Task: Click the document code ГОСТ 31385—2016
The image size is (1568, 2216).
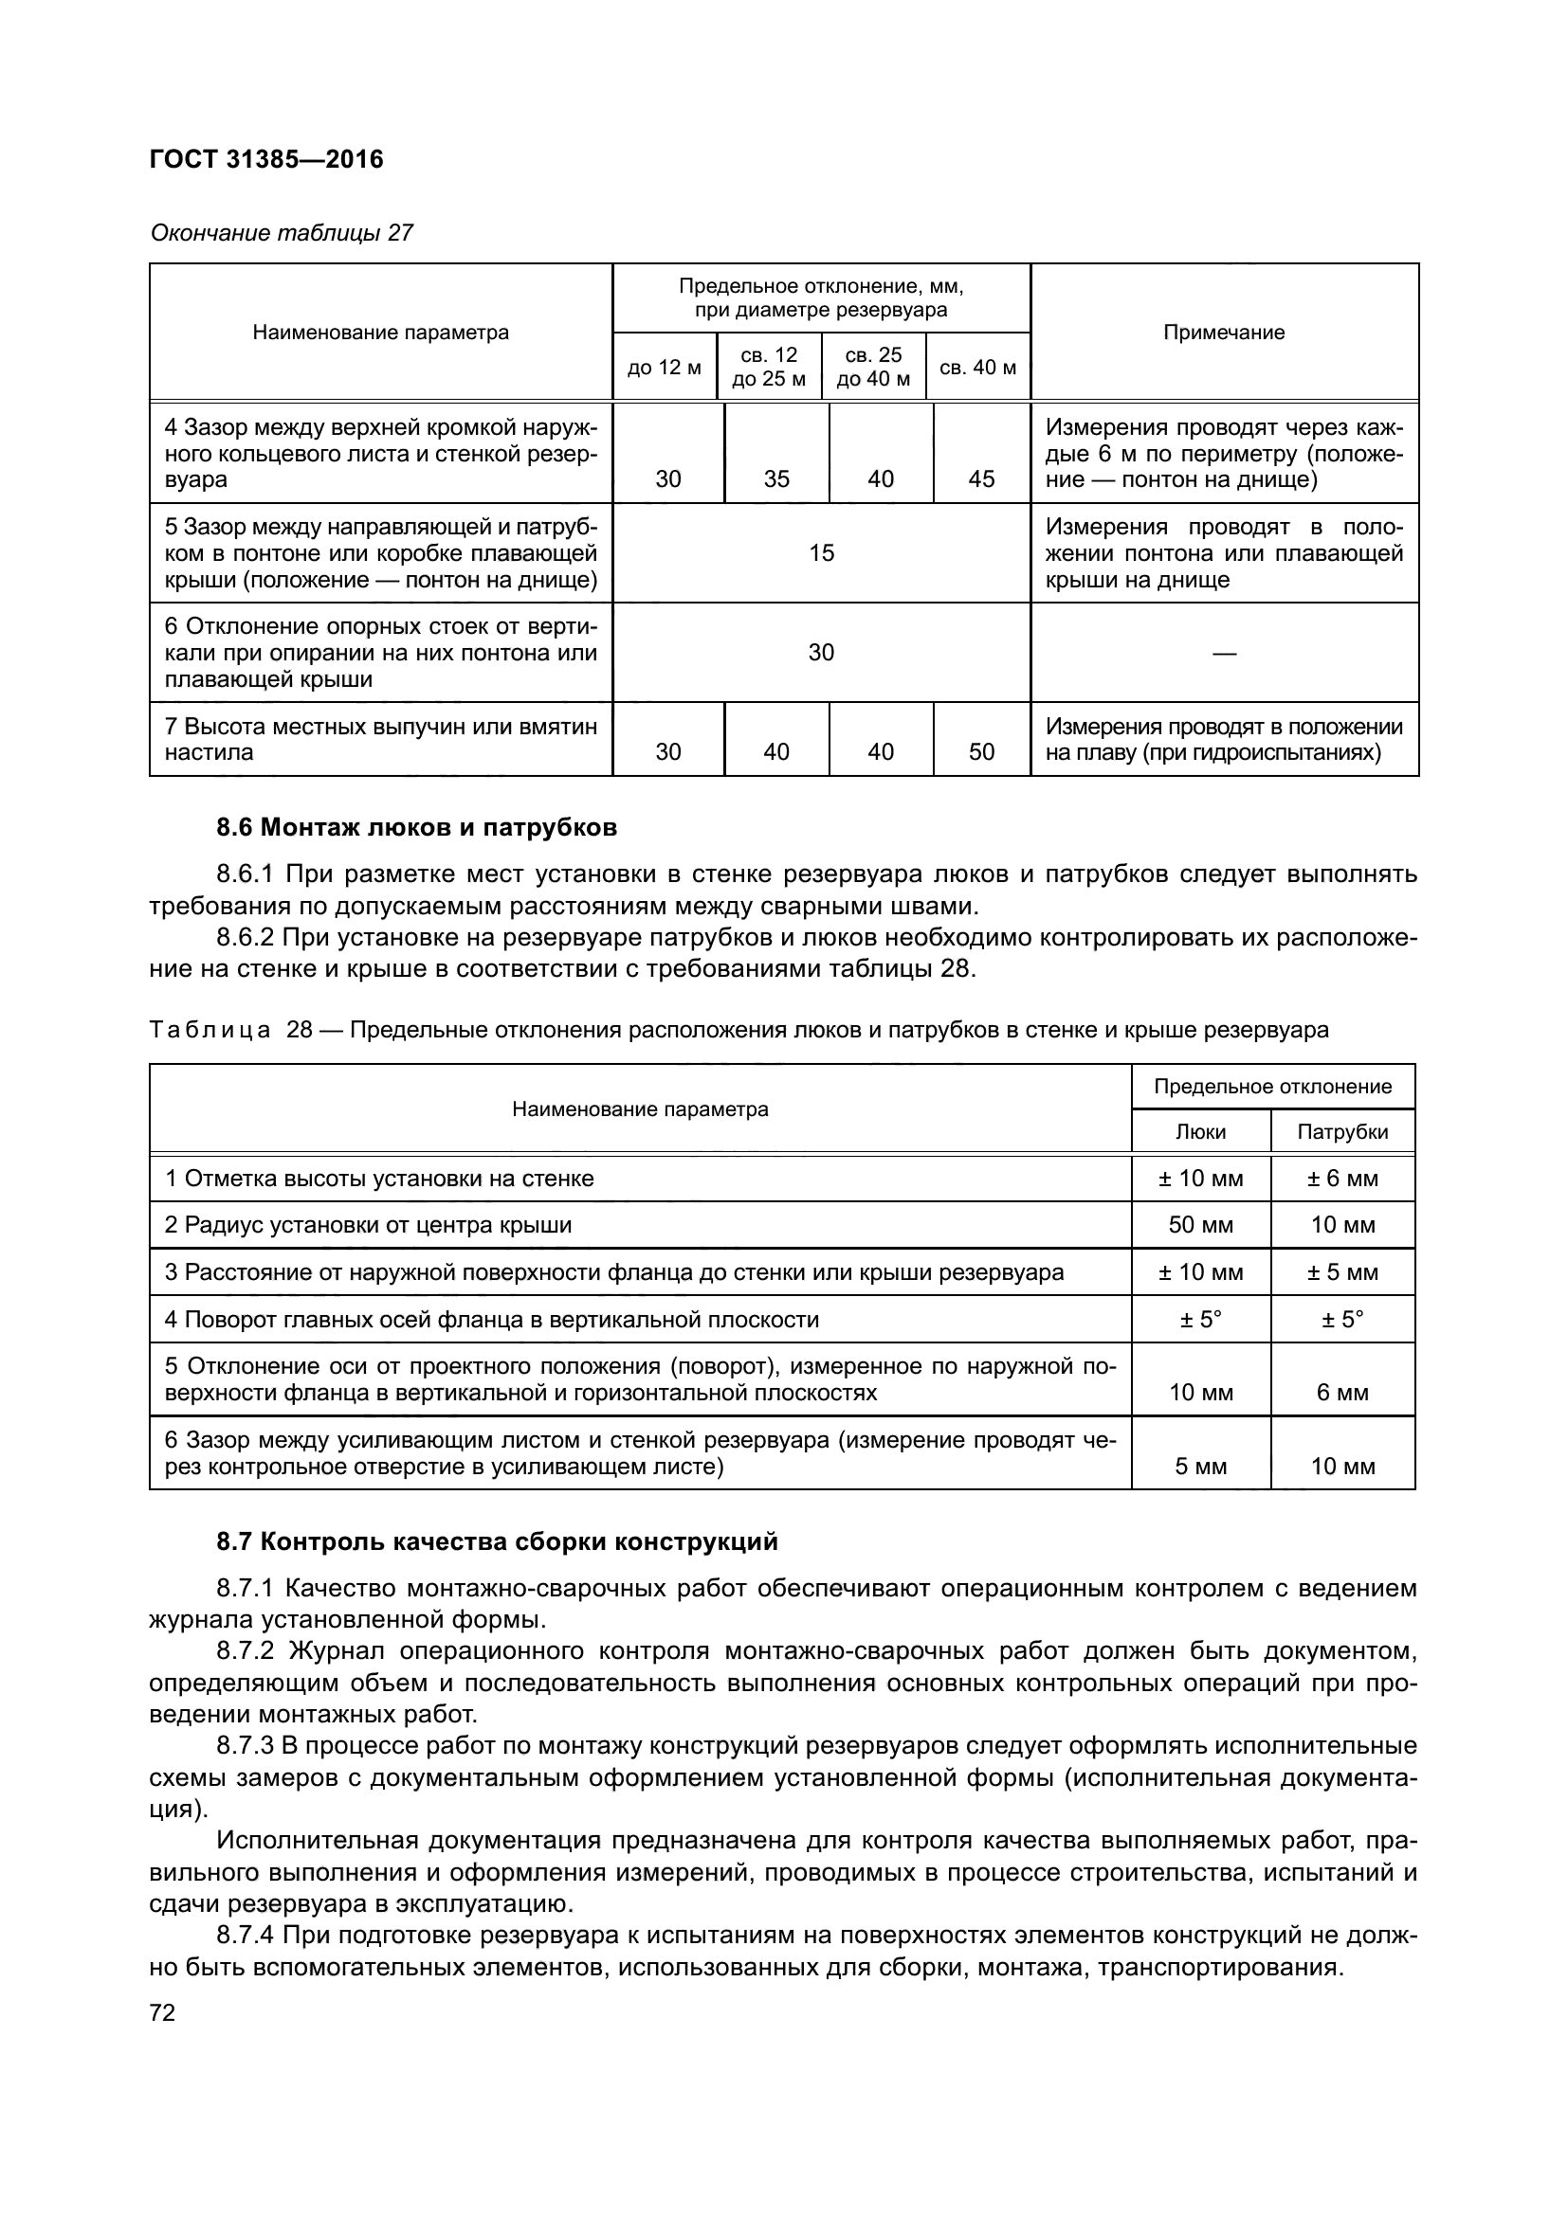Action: tap(266, 159)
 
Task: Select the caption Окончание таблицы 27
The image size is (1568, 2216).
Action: tap(282, 233)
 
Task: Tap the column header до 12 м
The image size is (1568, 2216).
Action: tap(665, 368)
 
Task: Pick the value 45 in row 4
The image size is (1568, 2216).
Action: tap(981, 478)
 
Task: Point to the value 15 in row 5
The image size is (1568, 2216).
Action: tap(821, 553)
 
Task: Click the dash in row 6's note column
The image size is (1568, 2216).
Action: tap(1223, 654)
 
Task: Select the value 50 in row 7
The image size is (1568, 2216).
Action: tap(981, 752)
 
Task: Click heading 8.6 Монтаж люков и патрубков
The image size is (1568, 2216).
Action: tap(416, 827)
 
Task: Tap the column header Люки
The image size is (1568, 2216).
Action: tap(1200, 1132)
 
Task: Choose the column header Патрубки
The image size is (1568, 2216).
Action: tap(1342, 1132)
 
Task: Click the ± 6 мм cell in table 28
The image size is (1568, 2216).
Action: tap(1342, 1179)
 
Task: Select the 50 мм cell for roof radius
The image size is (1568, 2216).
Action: tap(1200, 1225)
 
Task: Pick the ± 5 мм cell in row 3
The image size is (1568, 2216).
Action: tap(1342, 1272)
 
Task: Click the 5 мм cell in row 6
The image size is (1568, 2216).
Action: tap(1200, 1466)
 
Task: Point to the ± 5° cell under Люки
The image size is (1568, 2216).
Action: tap(1200, 1319)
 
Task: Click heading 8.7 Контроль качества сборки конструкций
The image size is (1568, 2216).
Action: tap(496, 1541)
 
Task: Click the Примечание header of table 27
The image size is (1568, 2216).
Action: tap(1223, 333)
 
